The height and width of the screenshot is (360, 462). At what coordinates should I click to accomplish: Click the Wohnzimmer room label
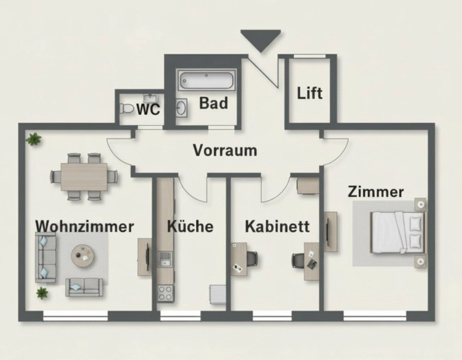coord(84,226)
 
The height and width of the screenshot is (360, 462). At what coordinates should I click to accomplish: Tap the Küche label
coord(190,226)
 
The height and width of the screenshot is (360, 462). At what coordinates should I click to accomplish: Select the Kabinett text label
coord(277,226)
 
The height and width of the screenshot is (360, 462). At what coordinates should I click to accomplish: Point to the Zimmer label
coord(376,192)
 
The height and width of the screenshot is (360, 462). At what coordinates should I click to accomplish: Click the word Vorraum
coord(225,151)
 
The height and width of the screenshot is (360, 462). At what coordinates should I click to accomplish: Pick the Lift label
coord(310,93)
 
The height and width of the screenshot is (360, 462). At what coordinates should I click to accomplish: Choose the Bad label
coord(213,103)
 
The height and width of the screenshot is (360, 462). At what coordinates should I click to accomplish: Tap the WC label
coord(148,110)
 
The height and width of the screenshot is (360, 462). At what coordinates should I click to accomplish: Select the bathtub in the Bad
coord(206,81)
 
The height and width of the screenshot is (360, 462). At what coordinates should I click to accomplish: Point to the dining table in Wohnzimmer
coord(84,176)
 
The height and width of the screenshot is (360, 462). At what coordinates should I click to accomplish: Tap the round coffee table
coord(82,254)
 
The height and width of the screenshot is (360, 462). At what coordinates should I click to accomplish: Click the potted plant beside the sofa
coord(42,292)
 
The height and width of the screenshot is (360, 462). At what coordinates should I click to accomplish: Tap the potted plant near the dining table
coord(33,139)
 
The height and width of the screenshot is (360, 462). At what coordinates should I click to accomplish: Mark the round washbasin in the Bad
coord(182,109)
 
